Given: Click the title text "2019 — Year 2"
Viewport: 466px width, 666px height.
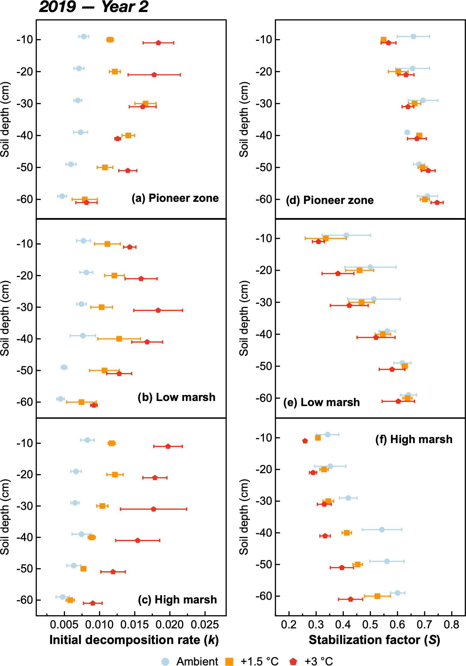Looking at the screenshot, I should coord(94,7).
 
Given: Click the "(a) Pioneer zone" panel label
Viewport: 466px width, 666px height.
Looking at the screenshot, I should coord(175,198).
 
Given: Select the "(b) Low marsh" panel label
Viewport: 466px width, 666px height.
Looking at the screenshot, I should coord(177,397).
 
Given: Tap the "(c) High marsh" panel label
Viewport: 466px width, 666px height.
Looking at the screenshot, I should coord(177,600).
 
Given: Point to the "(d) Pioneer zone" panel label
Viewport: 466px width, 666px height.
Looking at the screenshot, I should coord(330,200).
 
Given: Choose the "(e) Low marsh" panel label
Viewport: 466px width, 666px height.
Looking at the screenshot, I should coord(322,402).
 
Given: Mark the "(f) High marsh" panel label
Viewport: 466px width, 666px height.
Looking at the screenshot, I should coord(414,439).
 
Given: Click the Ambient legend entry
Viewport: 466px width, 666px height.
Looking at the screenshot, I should coord(190,661).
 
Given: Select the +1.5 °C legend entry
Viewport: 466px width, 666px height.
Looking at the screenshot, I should coord(252,661).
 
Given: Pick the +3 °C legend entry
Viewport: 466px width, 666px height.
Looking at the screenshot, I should coord(311,661).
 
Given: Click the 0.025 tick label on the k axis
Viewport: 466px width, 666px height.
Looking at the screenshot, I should coord(205,625).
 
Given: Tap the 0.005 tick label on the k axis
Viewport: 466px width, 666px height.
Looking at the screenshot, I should coord(64,625).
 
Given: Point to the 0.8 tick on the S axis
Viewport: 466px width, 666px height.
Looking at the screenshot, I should coord(452,625).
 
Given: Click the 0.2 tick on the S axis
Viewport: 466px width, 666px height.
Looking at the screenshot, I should coord(289,625).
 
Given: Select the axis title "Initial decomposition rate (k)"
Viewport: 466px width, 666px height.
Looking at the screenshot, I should coord(134,640).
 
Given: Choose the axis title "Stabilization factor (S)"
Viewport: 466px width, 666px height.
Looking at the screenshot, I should coord(374,640).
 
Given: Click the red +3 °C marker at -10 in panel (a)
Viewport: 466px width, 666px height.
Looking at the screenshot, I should coord(158,43).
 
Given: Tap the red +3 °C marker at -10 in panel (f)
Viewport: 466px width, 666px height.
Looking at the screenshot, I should coord(305,441).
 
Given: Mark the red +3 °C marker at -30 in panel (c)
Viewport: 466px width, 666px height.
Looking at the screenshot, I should coord(153,509).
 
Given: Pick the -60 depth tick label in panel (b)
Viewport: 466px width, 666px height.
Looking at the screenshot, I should coord(25,402).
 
